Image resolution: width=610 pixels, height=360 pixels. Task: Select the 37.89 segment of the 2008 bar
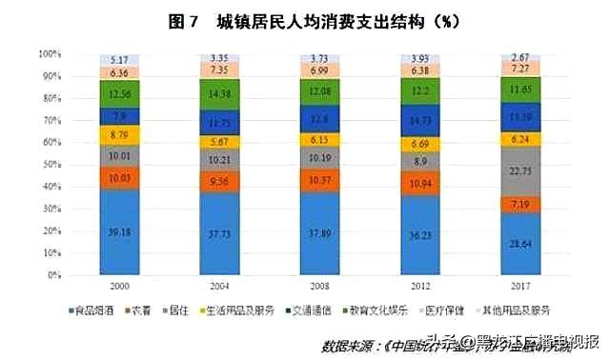click(320, 233)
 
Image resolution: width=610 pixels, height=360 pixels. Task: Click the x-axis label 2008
click(320, 285)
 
